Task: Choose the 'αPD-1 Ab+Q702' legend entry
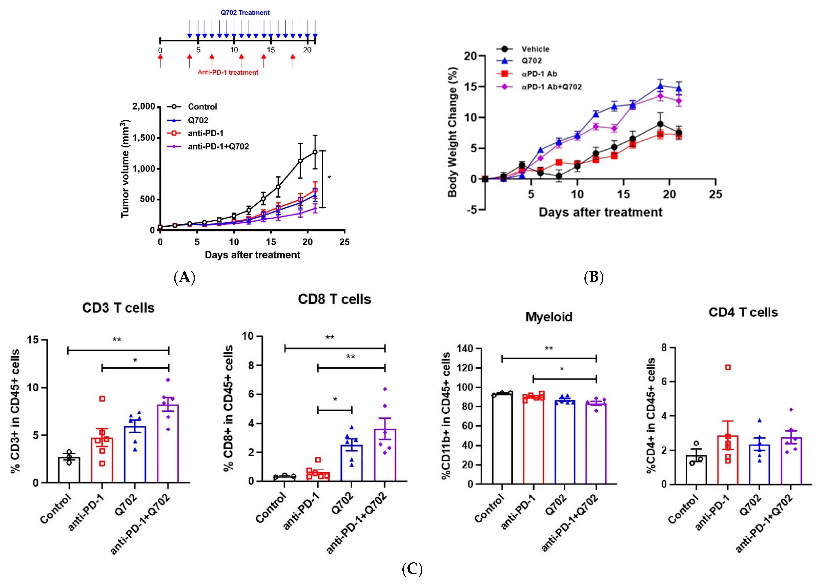pyautogui.click(x=551, y=87)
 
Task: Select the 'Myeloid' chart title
pyautogui.click(x=549, y=317)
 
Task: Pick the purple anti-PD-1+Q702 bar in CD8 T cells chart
pyautogui.click(x=385, y=455)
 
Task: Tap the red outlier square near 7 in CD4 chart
pyautogui.click(x=728, y=367)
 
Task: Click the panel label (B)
pyautogui.click(x=593, y=277)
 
